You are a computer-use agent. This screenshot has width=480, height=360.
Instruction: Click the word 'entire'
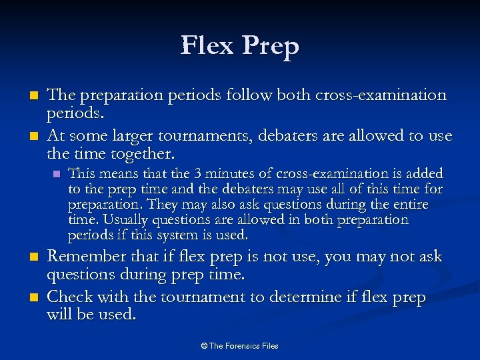[409, 204]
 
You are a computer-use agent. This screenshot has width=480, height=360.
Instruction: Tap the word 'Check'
[70, 298]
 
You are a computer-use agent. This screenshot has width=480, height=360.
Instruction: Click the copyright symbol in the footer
[203, 345]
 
